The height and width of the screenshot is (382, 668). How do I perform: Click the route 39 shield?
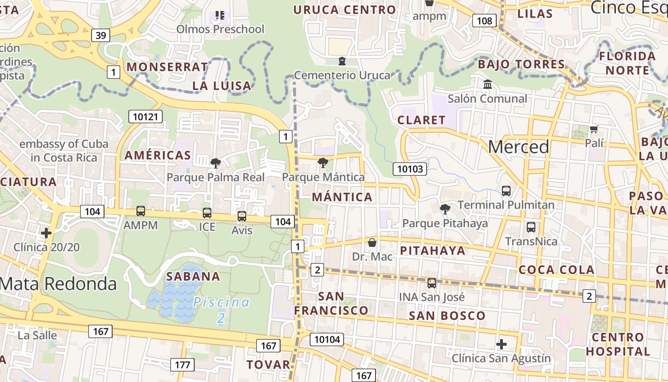point(101,35)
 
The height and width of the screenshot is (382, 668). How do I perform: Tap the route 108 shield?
point(484,21)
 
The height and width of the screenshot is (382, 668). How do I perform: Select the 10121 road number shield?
point(146,117)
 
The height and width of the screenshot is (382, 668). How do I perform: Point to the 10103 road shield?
point(410,169)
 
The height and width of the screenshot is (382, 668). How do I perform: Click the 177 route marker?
point(182,365)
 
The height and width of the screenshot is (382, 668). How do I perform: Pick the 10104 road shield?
point(326,340)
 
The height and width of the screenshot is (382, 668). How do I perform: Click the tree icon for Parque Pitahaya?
point(445,209)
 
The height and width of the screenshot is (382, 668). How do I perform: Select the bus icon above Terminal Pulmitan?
point(506,191)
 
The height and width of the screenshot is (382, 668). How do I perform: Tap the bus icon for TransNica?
point(531,227)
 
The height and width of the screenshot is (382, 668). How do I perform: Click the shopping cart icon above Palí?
point(594,129)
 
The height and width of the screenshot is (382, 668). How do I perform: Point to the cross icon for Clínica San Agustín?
point(501,344)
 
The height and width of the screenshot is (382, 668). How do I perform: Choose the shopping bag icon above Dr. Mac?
point(372,243)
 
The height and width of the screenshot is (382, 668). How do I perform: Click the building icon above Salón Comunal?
point(488,85)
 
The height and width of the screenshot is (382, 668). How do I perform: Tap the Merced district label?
point(518,147)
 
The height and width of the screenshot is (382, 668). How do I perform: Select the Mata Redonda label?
point(58,284)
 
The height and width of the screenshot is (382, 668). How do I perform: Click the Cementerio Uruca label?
point(342,75)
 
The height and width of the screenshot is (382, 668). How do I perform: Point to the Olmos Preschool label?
point(220,29)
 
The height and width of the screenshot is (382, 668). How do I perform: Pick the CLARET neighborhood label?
point(421,120)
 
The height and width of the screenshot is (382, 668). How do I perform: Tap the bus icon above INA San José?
point(432,283)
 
